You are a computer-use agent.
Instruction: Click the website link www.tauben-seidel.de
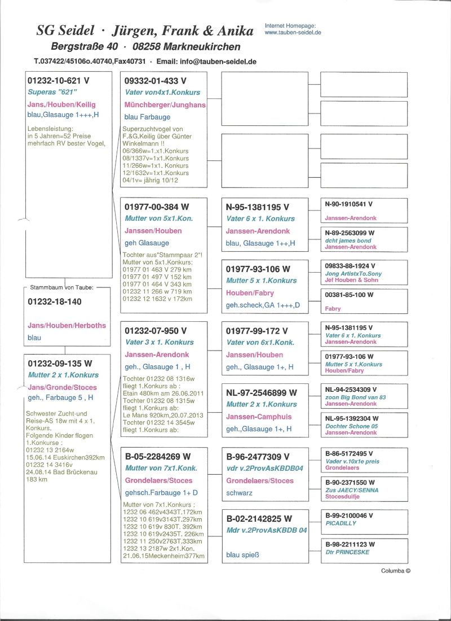tap(292, 33)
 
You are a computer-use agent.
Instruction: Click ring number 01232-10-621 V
tap(59, 81)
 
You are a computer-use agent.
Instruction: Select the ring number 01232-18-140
tap(55, 301)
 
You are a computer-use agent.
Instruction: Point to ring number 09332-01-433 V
tap(155, 81)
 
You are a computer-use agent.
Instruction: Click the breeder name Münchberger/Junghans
tap(165, 105)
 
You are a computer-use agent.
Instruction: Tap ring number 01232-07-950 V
tap(156, 331)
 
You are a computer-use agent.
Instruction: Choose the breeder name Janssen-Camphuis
tap(258, 417)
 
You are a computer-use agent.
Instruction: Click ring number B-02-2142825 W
tap(259, 518)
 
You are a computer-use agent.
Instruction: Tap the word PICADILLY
tap(341, 523)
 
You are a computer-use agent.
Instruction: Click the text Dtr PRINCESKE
tap(347, 552)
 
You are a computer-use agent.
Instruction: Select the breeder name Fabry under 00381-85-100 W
tap(333, 309)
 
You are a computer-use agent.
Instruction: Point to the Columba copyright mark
tap(396, 571)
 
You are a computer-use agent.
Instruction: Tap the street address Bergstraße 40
tap(81, 46)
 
